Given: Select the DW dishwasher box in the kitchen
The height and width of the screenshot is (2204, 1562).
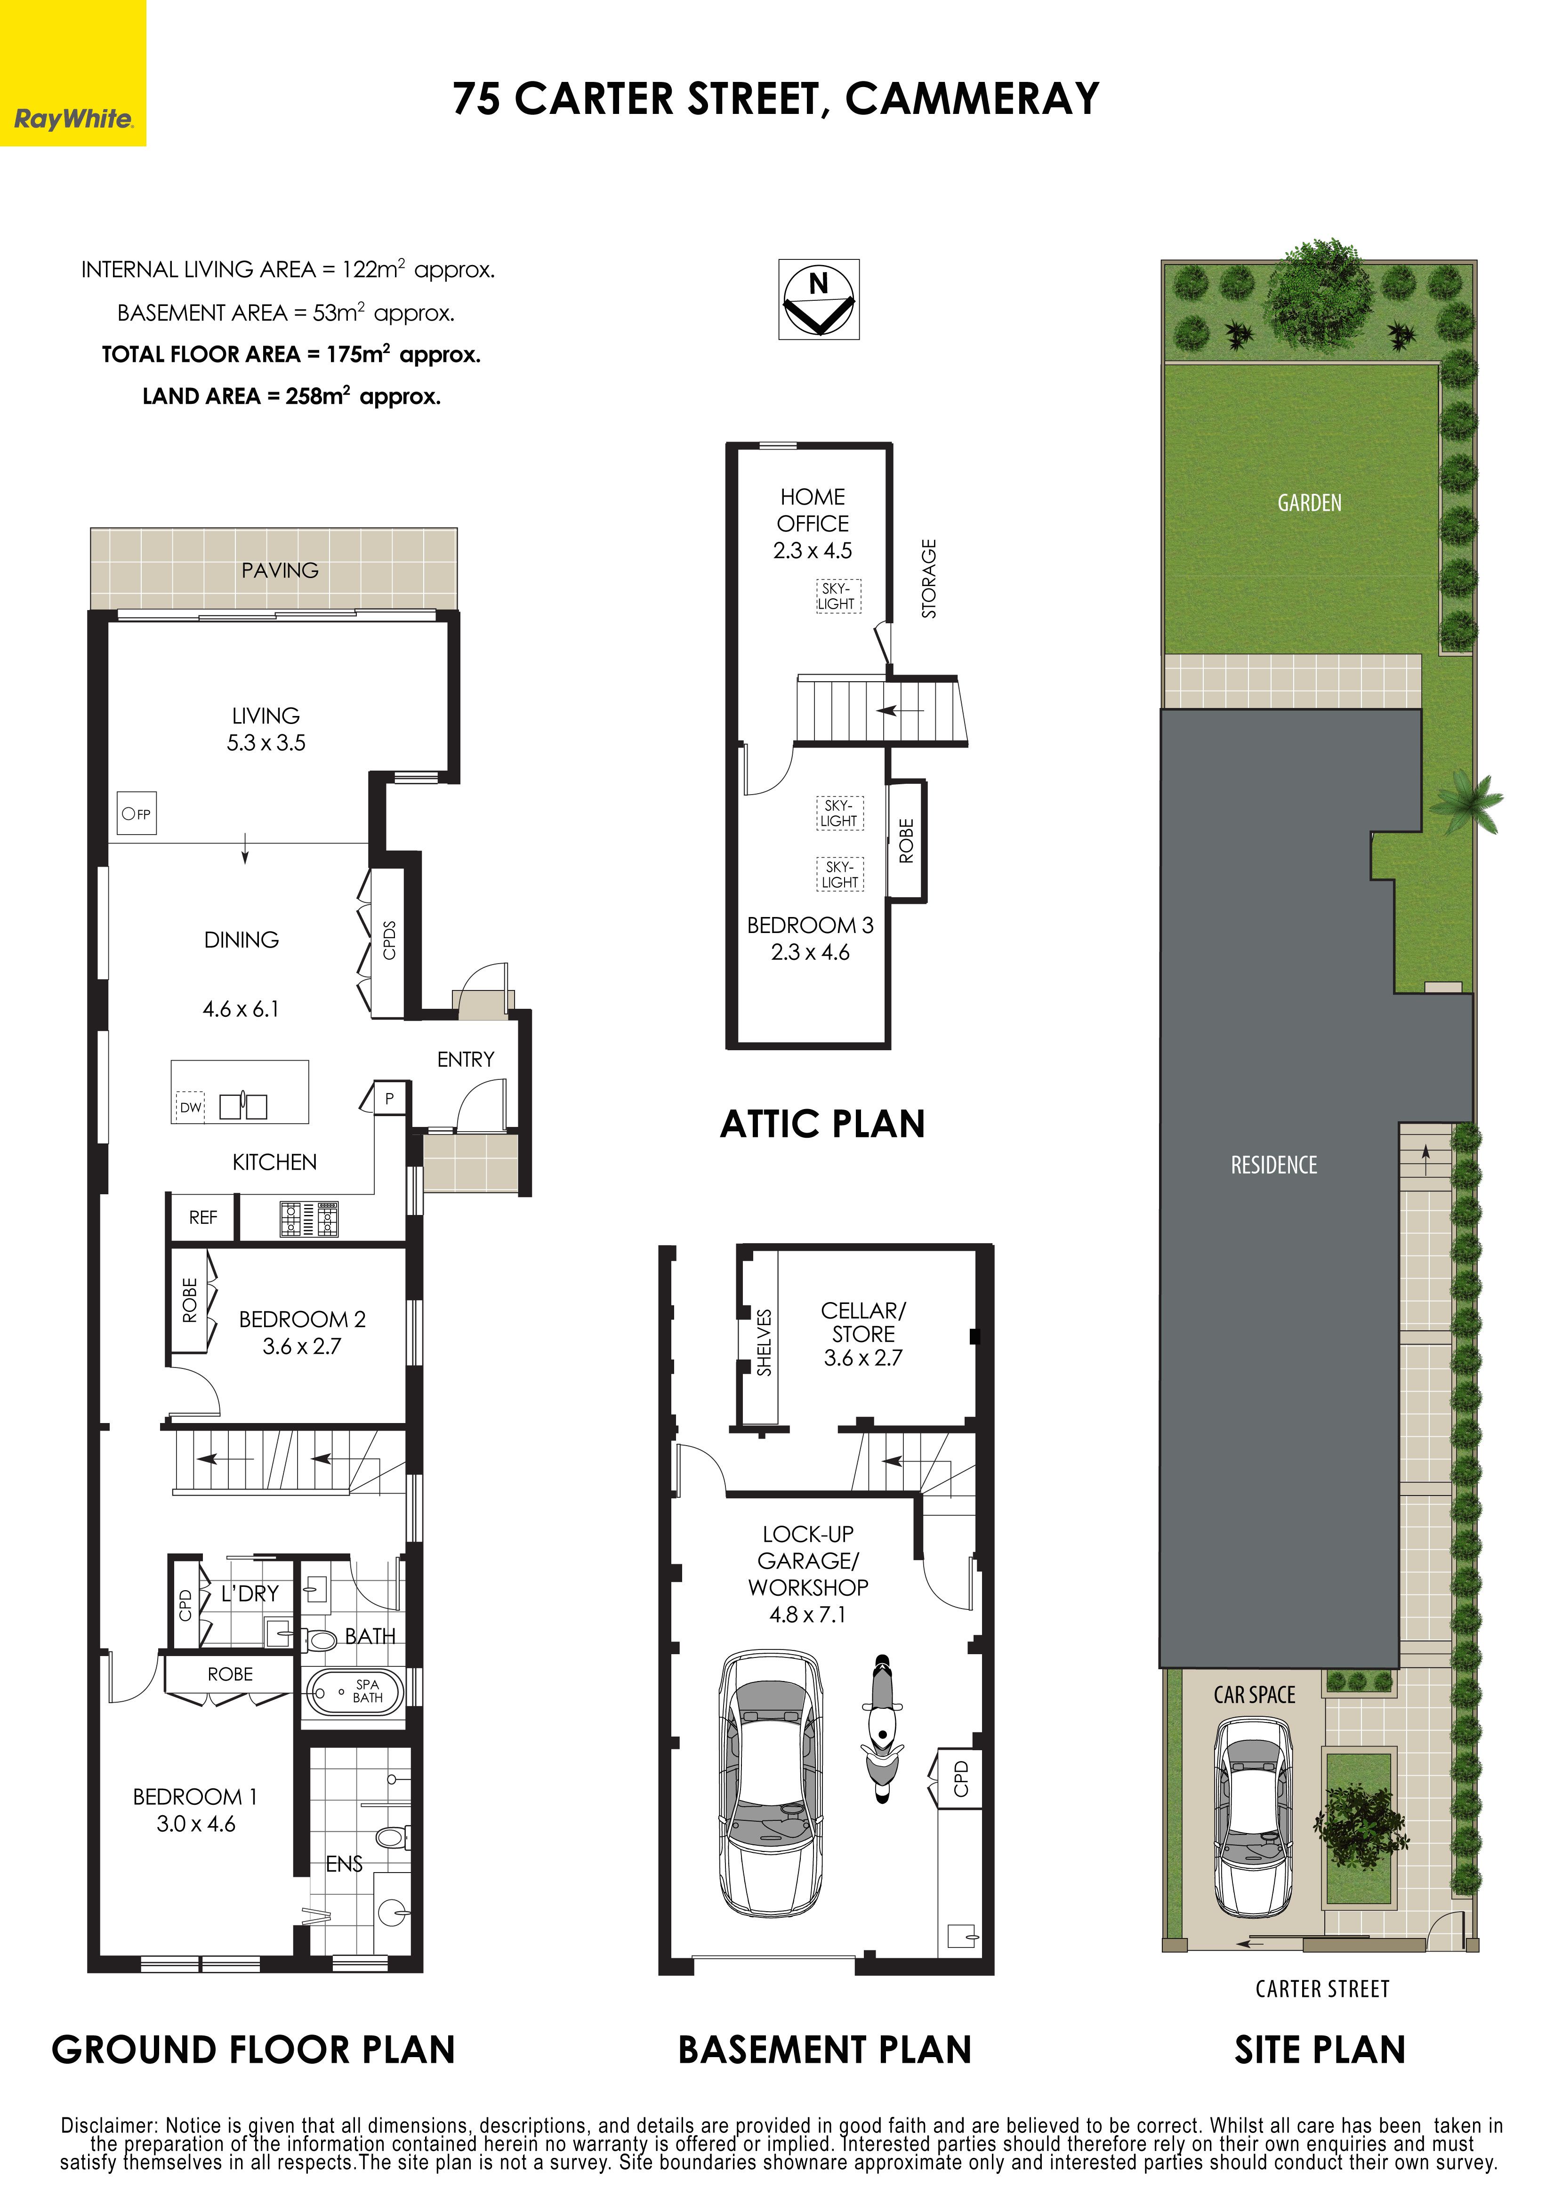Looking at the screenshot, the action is tap(191, 1107).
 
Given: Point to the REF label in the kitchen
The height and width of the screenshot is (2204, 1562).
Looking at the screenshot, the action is tap(203, 1217).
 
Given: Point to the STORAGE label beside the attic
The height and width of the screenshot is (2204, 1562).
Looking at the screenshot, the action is tap(928, 578).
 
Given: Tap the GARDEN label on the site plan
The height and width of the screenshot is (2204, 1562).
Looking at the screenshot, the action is tap(1309, 503).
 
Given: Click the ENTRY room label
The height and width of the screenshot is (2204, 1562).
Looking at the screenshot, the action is tap(466, 1059).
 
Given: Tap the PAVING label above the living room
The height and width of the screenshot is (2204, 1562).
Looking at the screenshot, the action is tap(280, 570).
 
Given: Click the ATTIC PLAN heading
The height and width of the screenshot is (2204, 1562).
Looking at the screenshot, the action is tap(822, 1123).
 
